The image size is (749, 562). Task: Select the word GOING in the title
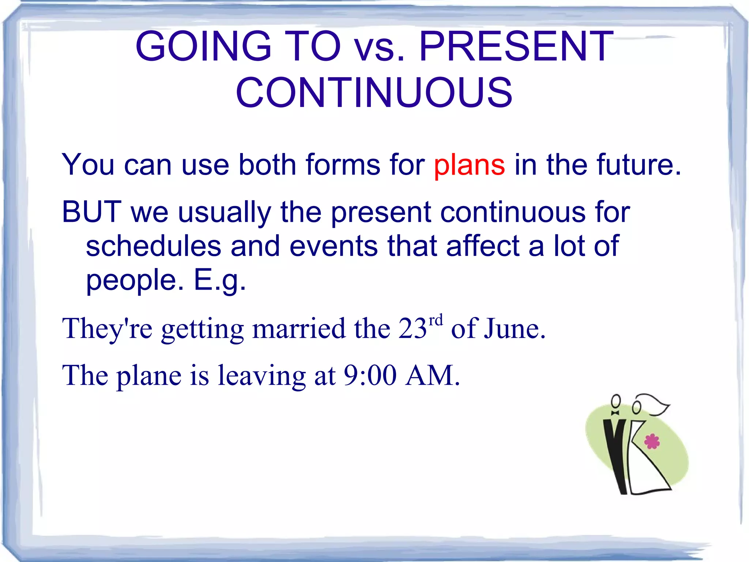[203, 46]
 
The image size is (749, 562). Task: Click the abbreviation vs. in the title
[379, 50]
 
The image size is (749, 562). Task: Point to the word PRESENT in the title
[516, 46]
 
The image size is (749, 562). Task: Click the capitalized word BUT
[91, 212]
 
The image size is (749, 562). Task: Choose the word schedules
[154, 246]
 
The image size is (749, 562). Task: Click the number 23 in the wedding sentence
[413, 328]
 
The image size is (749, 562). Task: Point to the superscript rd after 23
[435, 320]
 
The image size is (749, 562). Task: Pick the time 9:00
[370, 375]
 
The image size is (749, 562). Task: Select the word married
[299, 328]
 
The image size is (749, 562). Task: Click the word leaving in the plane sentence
[261, 376]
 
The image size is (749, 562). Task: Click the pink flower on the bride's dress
[652, 442]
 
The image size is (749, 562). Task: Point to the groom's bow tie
[615, 413]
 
